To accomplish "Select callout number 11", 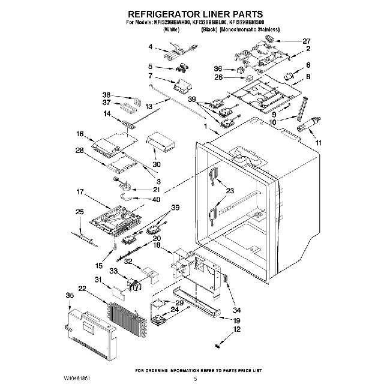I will [x=319, y=143].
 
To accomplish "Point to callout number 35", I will [x=70, y=296].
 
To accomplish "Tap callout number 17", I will [x=79, y=193].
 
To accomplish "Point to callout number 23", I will [x=230, y=191].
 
